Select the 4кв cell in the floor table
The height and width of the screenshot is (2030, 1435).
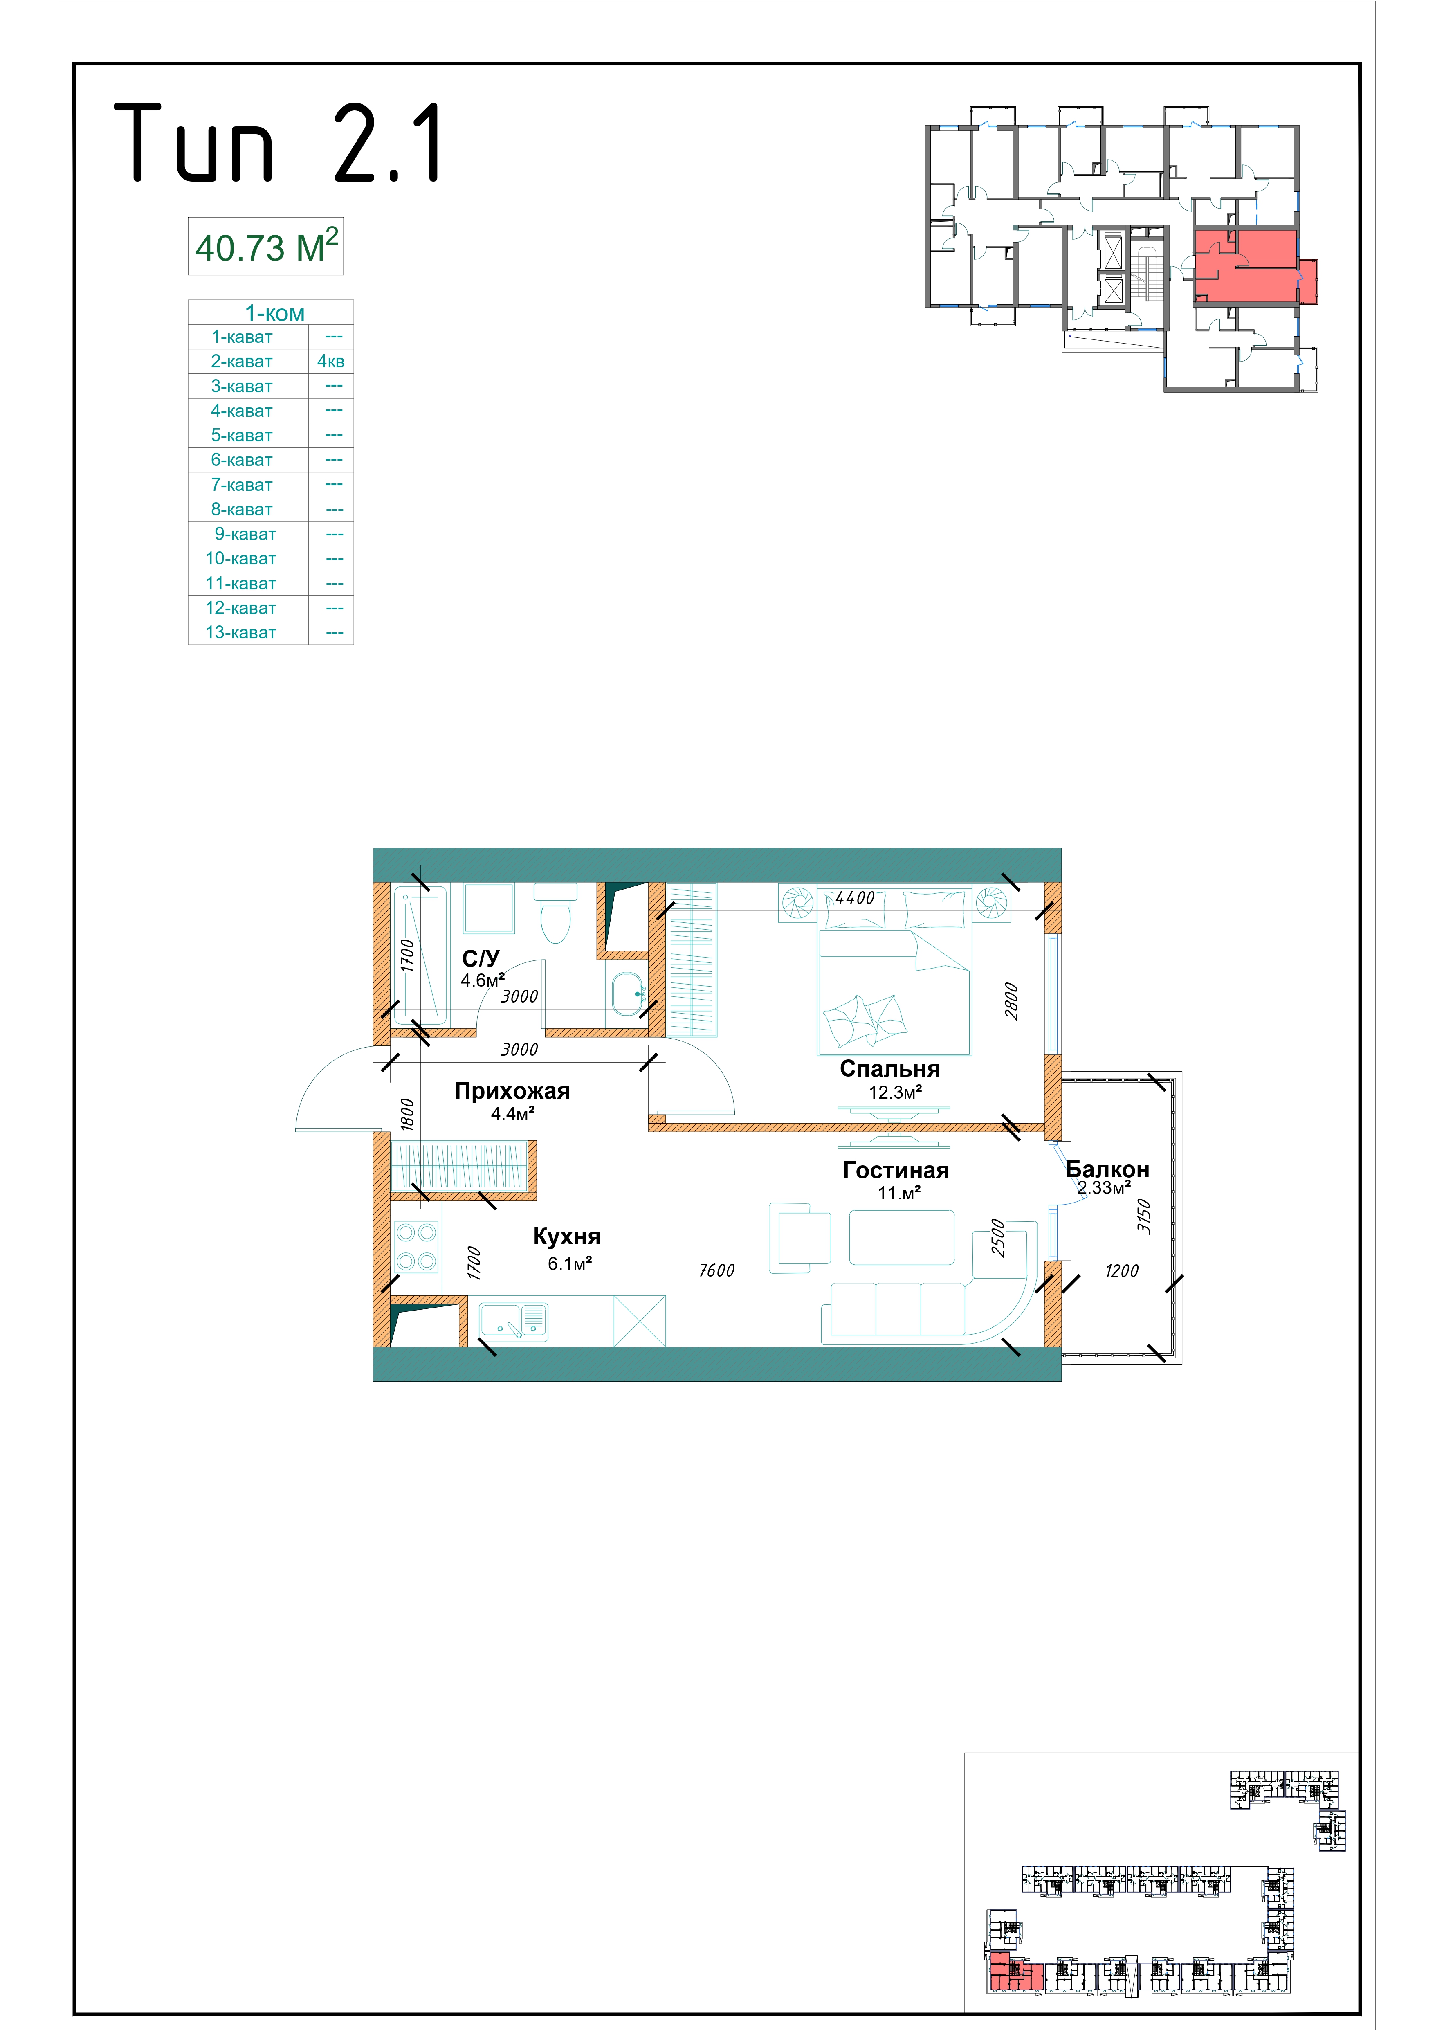tap(331, 362)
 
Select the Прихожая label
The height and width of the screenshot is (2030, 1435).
tap(512, 1091)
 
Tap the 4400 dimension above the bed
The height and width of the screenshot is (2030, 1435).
tap(855, 898)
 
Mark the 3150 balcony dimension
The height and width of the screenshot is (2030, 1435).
tap(1144, 1216)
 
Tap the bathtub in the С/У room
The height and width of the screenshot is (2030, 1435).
tap(420, 953)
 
